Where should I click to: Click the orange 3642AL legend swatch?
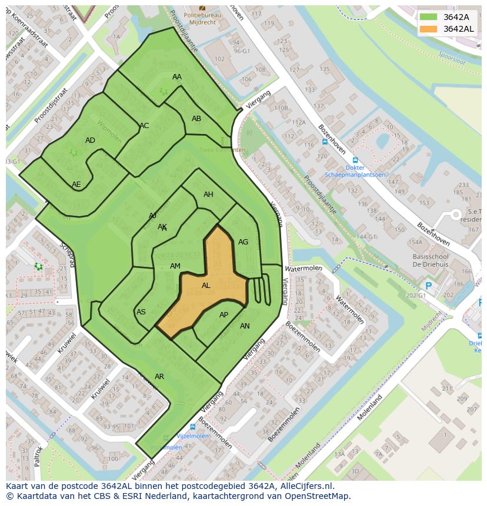[x=429, y=29]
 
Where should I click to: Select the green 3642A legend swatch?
[x=429, y=16]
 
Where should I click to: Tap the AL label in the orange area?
[x=206, y=286]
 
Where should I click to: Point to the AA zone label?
[x=177, y=77]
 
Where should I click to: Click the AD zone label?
[x=90, y=140]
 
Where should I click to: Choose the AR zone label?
[x=159, y=376]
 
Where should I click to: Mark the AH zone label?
[x=208, y=195]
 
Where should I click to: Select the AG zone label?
[x=243, y=242]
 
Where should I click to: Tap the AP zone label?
[x=224, y=315]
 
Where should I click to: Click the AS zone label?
[x=141, y=312]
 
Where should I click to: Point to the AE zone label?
[x=76, y=184]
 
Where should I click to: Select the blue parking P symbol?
[x=428, y=286]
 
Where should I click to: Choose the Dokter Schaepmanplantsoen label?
[x=355, y=171]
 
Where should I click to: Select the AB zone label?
[x=196, y=119]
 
